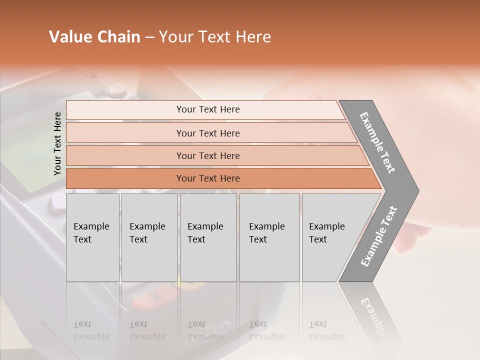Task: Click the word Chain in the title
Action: [x=118, y=37]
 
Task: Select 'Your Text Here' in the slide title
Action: [x=215, y=37]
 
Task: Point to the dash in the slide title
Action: [x=149, y=37]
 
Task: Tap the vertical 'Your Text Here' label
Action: [x=57, y=143]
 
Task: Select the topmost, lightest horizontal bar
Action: [x=207, y=109]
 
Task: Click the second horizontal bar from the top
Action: [x=207, y=133]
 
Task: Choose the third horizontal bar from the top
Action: [x=207, y=155]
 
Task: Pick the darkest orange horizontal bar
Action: [x=207, y=178]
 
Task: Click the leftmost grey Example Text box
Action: [x=92, y=237]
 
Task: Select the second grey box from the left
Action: [x=149, y=237]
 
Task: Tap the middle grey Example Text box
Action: [x=208, y=237]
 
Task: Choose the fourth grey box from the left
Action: [x=269, y=237]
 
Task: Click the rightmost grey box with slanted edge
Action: [x=330, y=237]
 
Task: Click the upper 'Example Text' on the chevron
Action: [x=378, y=142]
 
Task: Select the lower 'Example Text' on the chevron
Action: [x=379, y=236]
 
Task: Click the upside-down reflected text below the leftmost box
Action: [x=91, y=330]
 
